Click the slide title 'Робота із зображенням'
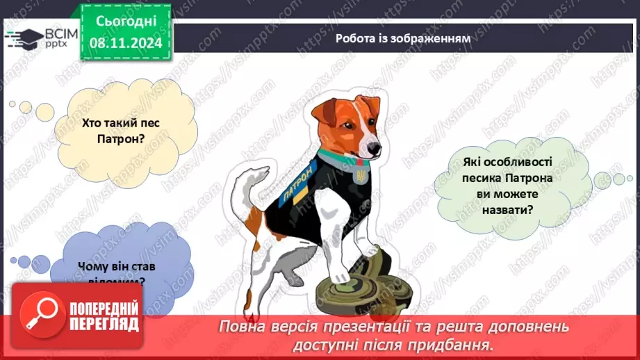[402, 39]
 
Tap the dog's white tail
[240, 185]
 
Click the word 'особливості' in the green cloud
[513, 162]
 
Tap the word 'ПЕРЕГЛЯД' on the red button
[104, 324]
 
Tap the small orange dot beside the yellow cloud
[13, 104]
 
